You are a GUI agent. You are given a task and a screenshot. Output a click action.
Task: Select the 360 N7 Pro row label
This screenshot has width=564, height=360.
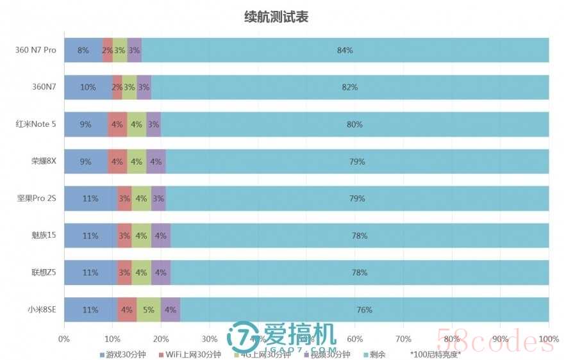[36, 50]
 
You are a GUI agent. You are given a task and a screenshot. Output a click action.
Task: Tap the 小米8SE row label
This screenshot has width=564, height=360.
[41, 310]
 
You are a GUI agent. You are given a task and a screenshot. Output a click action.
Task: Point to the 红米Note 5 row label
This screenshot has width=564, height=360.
[36, 124]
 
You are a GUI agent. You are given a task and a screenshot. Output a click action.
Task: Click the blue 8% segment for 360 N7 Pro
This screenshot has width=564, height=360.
[83, 50]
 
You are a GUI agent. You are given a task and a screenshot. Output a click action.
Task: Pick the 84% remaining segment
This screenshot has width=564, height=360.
[345, 50]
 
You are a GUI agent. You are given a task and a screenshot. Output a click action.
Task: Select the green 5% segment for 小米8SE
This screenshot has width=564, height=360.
[148, 310]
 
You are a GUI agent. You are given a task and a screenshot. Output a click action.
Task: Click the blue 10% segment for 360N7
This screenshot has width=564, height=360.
[87, 87]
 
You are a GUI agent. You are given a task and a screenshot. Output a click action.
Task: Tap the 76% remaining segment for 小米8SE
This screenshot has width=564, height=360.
[364, 310]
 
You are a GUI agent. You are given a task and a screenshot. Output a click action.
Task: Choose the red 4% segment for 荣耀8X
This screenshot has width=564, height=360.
[117, 161]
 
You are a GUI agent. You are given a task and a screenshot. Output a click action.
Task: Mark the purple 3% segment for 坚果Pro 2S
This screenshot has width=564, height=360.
[158, 199]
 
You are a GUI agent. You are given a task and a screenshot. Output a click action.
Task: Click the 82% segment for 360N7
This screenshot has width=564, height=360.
[350, 87]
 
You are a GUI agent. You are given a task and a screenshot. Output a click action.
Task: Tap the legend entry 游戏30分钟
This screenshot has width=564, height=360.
[122, 354]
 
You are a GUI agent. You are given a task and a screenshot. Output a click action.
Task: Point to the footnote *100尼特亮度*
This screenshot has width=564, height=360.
[436, 354]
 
